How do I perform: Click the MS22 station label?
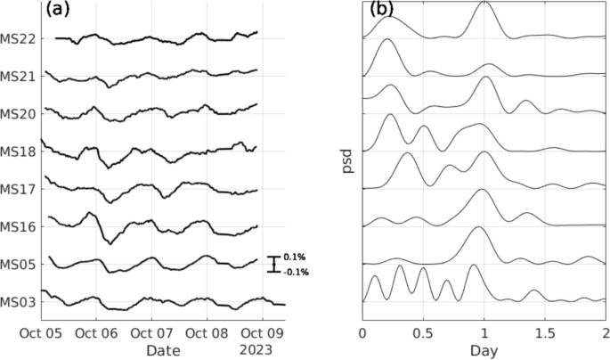click(19, 38)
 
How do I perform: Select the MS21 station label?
click(19, 76)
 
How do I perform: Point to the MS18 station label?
click(19, 151)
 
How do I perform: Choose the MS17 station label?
click(19, 189)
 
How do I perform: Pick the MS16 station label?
click(19, 226)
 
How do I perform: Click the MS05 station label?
click(19, 264)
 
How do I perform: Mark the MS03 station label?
click(19, 301)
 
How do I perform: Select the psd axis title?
click(348, 161)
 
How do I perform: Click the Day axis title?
click(483, 350)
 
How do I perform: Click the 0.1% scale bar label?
click(294, 257)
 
